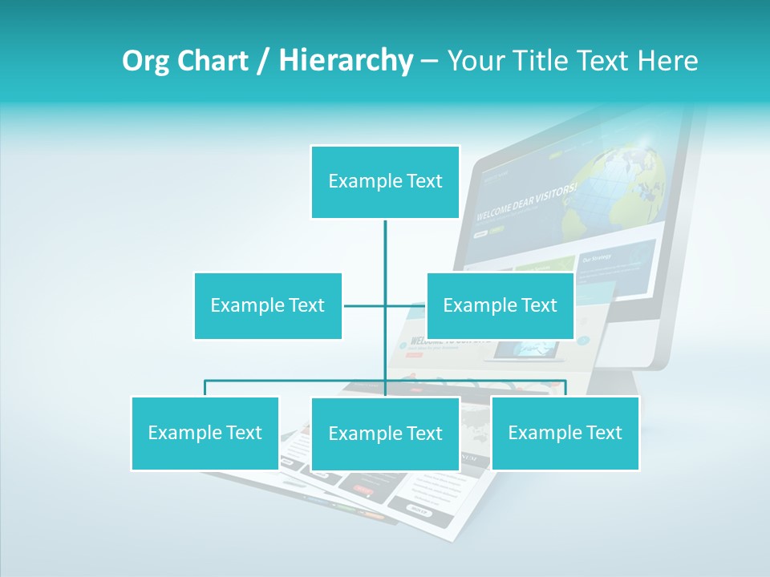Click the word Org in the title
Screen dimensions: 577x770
click(143, 61)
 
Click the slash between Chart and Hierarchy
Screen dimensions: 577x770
click(263, 61)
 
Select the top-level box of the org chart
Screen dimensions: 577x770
click(385, 182)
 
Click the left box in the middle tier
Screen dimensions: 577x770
click(268, 305)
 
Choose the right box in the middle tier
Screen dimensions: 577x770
click(500, 305)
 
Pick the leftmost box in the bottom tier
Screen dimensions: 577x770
click(205, 433)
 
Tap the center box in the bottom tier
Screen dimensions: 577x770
click(385, 434)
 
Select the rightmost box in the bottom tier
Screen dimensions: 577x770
click(565, 433)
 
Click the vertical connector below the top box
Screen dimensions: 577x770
click(385, 256)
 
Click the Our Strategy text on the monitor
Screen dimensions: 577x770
click(597, 258)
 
